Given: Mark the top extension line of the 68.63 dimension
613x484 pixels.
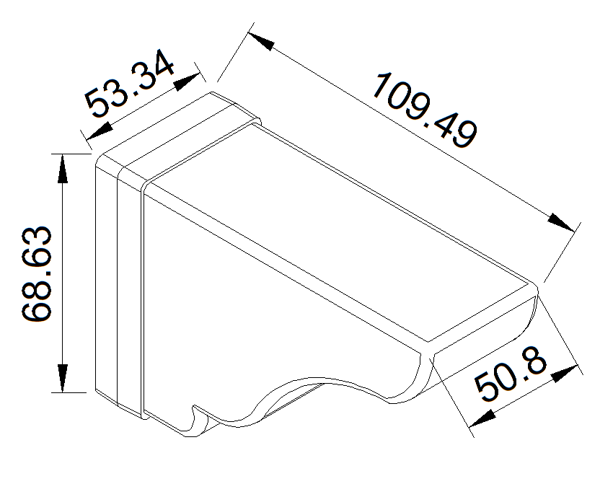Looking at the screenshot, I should pyautogui.click(x=72, y=154).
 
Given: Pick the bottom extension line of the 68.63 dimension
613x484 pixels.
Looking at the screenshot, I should pyautogui.click(x=72, y=393).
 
